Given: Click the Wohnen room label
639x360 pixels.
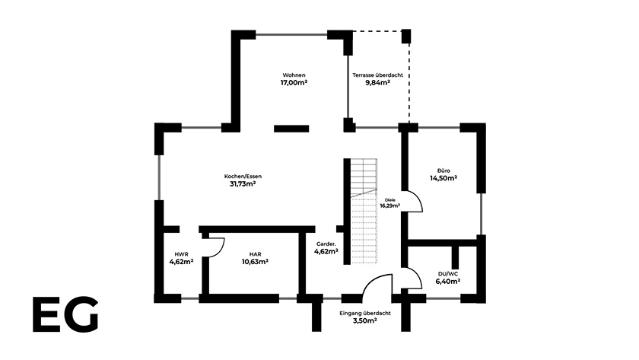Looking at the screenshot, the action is tap(294, 75).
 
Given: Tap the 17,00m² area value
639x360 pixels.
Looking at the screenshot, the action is tap(294, 83).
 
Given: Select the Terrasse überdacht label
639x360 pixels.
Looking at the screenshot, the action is tap(378, 75).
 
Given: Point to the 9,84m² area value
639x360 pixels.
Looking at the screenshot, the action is tap(378, 82).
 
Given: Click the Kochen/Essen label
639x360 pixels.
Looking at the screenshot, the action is tap(243, 177).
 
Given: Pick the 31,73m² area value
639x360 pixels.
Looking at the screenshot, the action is tap(243, 184).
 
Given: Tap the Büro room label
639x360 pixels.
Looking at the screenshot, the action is tap(443, 170).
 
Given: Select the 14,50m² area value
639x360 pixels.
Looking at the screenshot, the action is tap(443, 178).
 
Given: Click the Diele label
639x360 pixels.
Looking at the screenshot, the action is tap(390, 200).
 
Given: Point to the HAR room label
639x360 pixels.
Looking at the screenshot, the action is tap(256, 254).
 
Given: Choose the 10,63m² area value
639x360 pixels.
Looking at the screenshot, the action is tap(255, 262).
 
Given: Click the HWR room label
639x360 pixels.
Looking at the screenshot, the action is tap(181, 254).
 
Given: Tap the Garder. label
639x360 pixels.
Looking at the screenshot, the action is tap(326, 244).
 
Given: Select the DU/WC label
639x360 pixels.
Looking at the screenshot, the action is tap(448, 274).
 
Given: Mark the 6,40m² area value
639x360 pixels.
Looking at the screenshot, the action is tap(448, 282).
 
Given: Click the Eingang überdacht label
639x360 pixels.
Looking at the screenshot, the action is tap(365, 314).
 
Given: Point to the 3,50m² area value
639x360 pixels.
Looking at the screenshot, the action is tap(364, 321).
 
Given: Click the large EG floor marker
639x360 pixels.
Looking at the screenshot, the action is tap(65, 314).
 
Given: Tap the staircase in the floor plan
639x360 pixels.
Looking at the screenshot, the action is tap(364, 211).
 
